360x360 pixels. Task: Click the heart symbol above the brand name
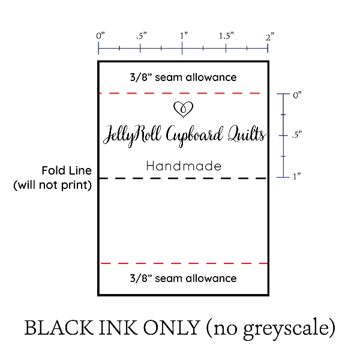tap(183, 109)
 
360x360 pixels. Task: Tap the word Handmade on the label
tap(184, 166)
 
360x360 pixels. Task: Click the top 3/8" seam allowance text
tap(183, 77)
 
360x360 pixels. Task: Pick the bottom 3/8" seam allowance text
tap(183, 278)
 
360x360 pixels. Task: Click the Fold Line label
tap(66, 170)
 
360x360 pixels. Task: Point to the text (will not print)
tap(53, 185)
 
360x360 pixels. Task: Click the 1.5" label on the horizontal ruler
tap(226, 36)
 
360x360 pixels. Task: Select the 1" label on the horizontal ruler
tap(184, 36)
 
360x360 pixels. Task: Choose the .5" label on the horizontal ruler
tap(141, 36)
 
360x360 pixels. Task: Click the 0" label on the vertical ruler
tap(296, 95)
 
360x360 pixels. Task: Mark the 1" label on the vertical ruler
tap(296, 176)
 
